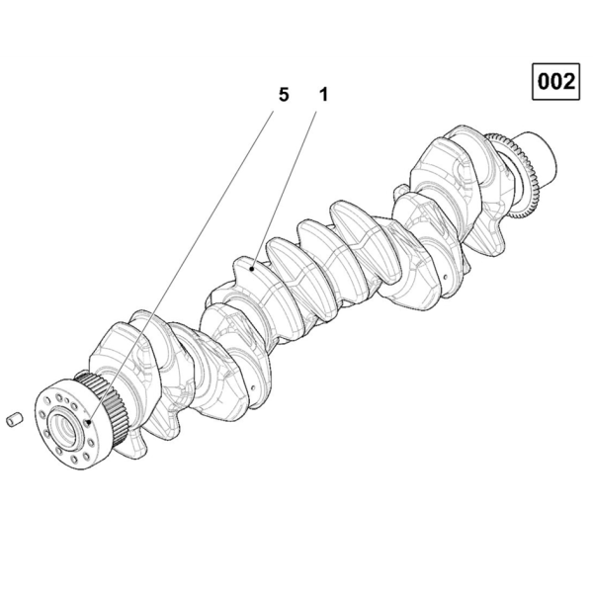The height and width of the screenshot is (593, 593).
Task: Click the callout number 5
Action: point(284,95)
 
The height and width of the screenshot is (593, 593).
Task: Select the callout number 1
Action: point(323,95)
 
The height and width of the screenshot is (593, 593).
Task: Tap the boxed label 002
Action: point(555,82)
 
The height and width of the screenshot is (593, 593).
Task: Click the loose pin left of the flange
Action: point(15,420)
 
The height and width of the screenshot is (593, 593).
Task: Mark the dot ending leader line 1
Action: point(251,269)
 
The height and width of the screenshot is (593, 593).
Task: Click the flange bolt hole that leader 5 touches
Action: point(88,422)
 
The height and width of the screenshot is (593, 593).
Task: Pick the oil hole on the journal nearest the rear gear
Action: point(445,277)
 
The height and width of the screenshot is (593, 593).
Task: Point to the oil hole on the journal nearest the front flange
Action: point(253,388)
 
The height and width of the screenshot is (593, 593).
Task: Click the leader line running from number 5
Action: point(181,266)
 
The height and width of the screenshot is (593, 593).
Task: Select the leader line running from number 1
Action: point(284,190)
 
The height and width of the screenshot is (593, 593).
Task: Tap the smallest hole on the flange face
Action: point(67,400)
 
